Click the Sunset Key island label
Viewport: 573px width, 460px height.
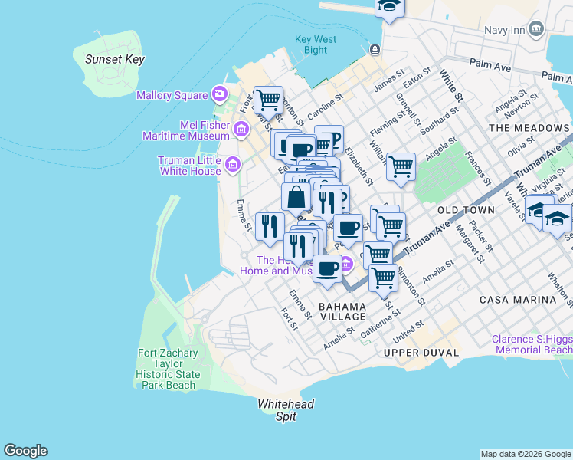point(115,59)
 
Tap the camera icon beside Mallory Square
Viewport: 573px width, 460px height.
point(220,94)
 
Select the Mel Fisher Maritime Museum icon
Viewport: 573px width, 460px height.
point(241,127)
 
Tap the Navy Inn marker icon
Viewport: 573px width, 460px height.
point(535,30)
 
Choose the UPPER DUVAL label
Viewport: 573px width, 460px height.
point(423,353)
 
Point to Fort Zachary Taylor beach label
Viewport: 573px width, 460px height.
point(168,370)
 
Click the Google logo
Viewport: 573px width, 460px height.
point(25,451)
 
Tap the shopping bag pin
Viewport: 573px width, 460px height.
point(296,197)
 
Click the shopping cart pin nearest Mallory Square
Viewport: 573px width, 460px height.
point(268,99)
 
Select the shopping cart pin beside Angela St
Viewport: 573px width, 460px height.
point(401,166)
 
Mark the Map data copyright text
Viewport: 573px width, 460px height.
point(526,454)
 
